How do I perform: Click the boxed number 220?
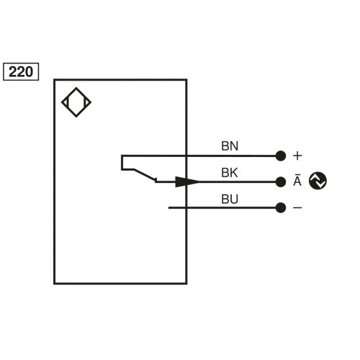[21, 71]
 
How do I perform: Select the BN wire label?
[230, 145]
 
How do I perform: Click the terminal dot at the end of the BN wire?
[280, 156]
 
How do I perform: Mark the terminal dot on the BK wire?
[280, 182]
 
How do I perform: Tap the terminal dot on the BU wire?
[280, 208]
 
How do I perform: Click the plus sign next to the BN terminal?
[297, 156]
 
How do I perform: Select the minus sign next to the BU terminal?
[297, 208]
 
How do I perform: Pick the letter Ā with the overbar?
[297, 181]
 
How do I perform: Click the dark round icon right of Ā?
[318, 181]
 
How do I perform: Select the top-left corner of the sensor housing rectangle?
[55, 80]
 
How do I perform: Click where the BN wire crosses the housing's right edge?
[186, 156]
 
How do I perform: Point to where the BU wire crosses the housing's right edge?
[186, 208]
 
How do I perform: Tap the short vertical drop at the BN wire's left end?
[122, 162]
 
